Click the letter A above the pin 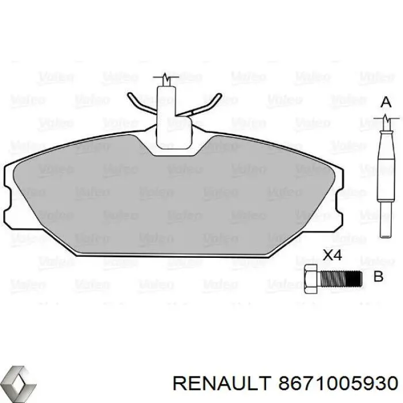(x=386, y=102)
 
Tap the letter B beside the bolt (x=378, y=277)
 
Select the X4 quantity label (x=333, y=254)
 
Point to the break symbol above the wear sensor (x=166, y=79)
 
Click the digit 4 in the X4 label (x=339, y=254)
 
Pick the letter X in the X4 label (x=327, y=254)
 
